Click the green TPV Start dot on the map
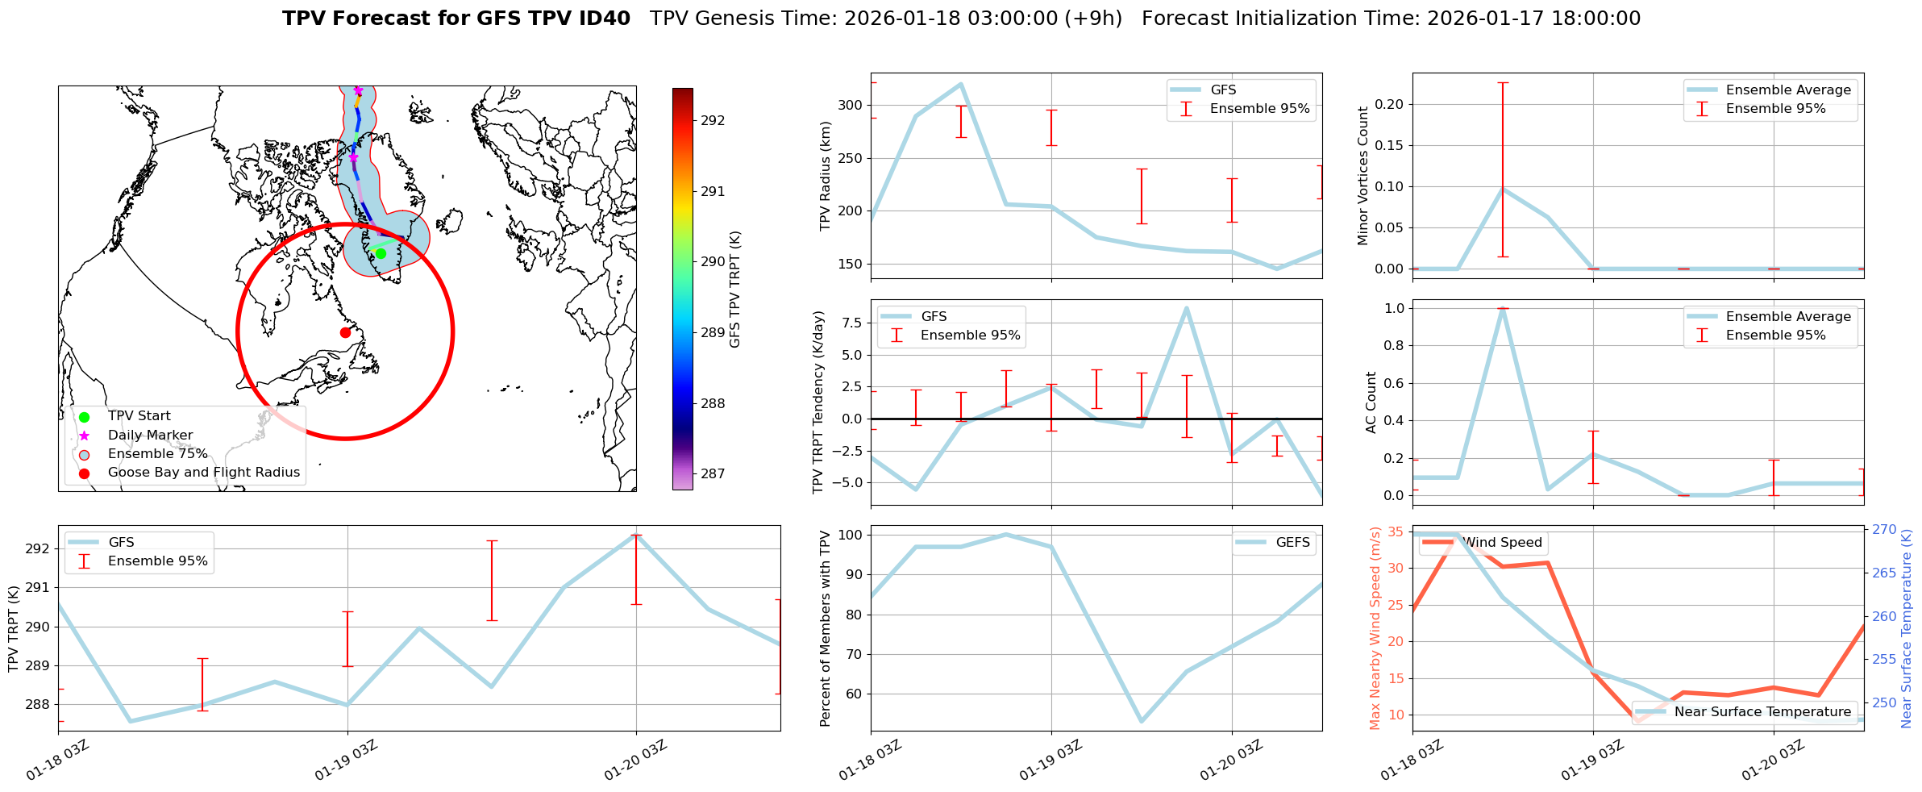tap(381, 253)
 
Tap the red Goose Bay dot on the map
tap(345, 332)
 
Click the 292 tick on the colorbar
tap(713, 121)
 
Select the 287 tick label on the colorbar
tap(713, 474)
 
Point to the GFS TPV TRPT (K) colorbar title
tap(734, 289)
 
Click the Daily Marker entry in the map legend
tap(150, 436)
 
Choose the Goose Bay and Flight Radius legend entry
tap(203, 473)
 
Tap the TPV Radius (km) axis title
tap(825, 176)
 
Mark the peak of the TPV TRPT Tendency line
tap(1186, 307)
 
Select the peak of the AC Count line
tap(1503, 308)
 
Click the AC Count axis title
tap(1371, 402)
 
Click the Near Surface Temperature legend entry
tap(1762, 712)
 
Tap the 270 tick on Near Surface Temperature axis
tap(1884, 530)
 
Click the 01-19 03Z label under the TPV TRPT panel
tap(347, 760)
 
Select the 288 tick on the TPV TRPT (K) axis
tap(37, 705)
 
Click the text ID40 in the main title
tap(605, 19)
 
